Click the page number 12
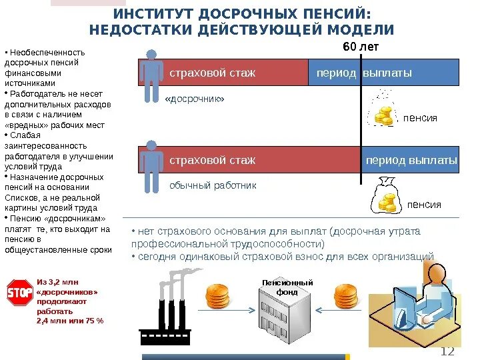pyautogui.click(x=447, y=352)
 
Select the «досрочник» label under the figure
pyautogui.click(x=194, y=99)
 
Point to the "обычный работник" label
pyautogui.click(x=212, y=185)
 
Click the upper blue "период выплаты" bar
pyautogui.click(x=383, y=72)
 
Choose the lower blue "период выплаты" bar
pyautogui.click(x=411, y=161)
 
